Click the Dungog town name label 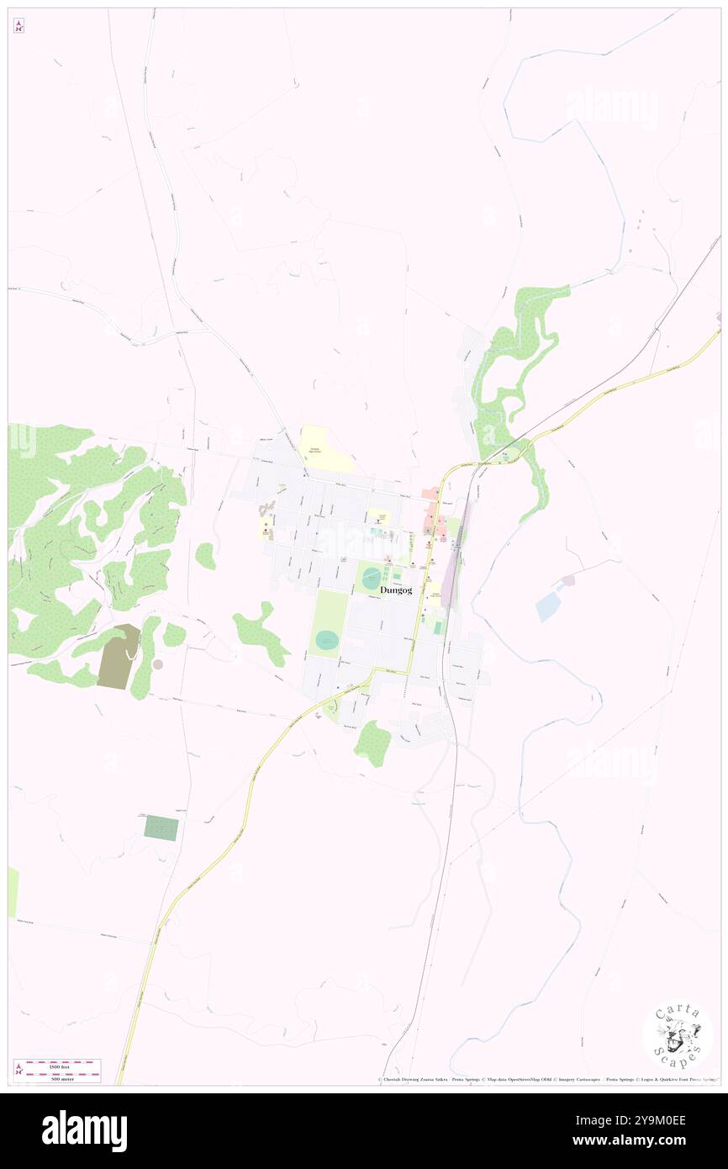point(396,590)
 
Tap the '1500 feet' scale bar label point(58,1066)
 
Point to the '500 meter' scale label point(58,1077)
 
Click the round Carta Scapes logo point(678,1036)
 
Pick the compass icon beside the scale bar point(18,1070)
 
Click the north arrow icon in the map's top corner point(18,26)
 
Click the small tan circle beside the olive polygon point(158,664)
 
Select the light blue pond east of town point(547,606)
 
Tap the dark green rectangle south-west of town point(161,828)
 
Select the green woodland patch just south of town point(372,743)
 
